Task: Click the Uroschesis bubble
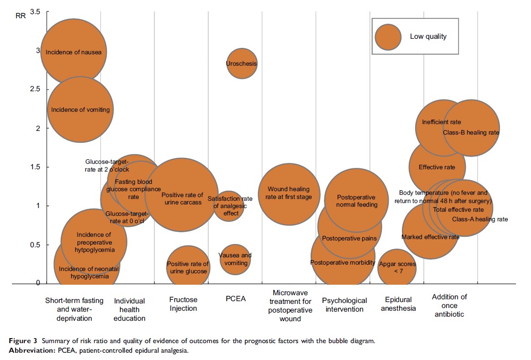tap(242, 63)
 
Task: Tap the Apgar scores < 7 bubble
tap(397, 267)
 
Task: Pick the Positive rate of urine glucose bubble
tap(187, 267)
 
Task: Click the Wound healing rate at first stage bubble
tap(289, 193)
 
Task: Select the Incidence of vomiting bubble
tap(80, 110)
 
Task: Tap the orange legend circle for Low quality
tap(388, 37)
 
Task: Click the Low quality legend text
tap(428, 37)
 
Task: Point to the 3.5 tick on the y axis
tap(35, 11)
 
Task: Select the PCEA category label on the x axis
tap(235, 299)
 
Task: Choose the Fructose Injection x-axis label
tap(183, 304)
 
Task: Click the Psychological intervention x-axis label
tap(344, 305)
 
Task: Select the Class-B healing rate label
tap(471, 133)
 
